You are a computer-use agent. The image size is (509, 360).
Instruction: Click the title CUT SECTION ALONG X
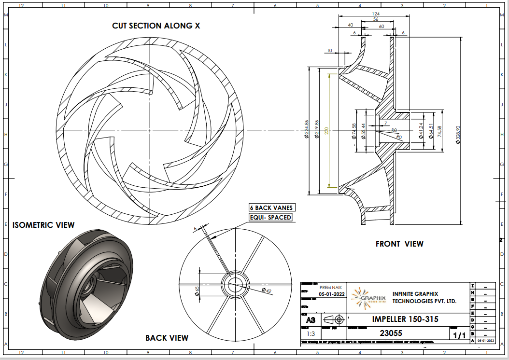pyautogui.click(x=156, y=26)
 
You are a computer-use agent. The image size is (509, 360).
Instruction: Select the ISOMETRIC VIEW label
pyautogui.click(x=43, y=225)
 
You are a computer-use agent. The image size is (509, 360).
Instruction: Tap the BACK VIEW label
pyautogui.click(x=167, y=338)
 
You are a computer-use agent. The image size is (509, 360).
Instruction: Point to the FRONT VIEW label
pyautogui.click(x=399, y=244)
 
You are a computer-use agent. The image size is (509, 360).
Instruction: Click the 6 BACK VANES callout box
pyautogui.click(x=271, y=208)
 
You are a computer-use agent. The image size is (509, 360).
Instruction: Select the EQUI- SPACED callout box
pyautogui.click(x=271, y=218)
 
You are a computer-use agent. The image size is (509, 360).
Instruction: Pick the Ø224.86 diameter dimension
pyautogui.click(x=307, y=130)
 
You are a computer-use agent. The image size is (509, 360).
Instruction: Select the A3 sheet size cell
pyautogui.click(x=310, y=320)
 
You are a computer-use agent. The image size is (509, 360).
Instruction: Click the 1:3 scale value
pyautogui.click(x=310, y=333)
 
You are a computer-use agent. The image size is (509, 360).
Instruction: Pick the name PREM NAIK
pyautogui.click(x=331, y=287)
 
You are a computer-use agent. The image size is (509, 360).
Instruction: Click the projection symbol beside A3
pyautogui.click(x=333, y=319)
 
